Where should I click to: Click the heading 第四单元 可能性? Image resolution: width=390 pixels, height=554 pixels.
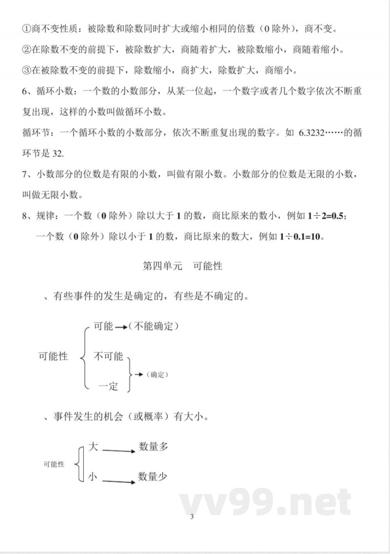tap(182, 266)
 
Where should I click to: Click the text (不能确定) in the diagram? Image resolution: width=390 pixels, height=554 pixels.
tap(153, 326)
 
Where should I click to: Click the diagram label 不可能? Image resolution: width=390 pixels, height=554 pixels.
tap(108, 356)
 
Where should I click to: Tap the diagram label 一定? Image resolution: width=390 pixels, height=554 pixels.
tap(108, 387)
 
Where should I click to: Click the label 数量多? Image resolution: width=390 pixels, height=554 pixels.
tap(153, 446)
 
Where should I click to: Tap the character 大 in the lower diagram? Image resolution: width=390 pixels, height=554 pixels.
tap(93, 446)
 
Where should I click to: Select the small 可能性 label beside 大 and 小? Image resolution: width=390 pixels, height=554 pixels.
tap(54, 464)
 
